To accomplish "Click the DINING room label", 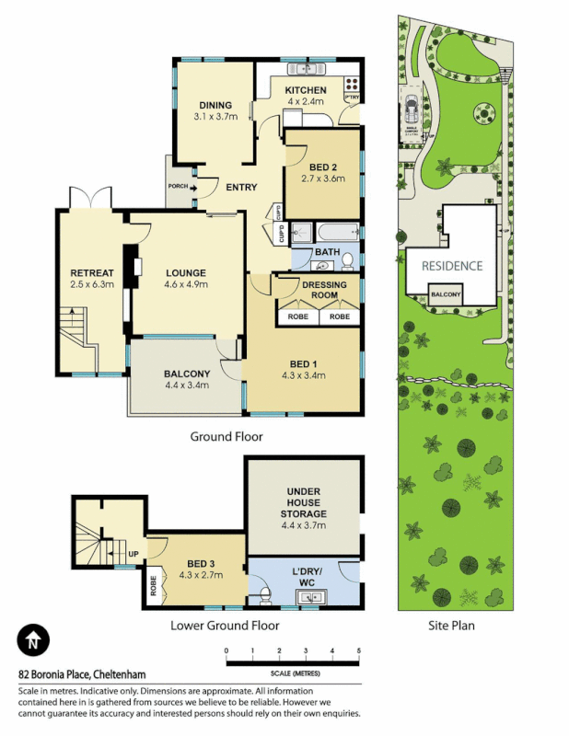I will coord(215,105).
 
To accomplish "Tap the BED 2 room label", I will coord(323,167).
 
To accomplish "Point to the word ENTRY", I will coord(241,188).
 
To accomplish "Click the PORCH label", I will coord(179,187).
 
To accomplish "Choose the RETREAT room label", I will coord(92,273).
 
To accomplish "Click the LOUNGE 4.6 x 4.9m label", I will coord(186,279).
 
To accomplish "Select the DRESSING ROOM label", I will coord(325,290).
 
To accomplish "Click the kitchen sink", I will coord(301,69).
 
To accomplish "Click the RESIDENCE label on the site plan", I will coord(451,266).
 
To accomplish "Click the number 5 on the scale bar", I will coord(359,651).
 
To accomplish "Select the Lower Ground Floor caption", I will coord(225,626).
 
